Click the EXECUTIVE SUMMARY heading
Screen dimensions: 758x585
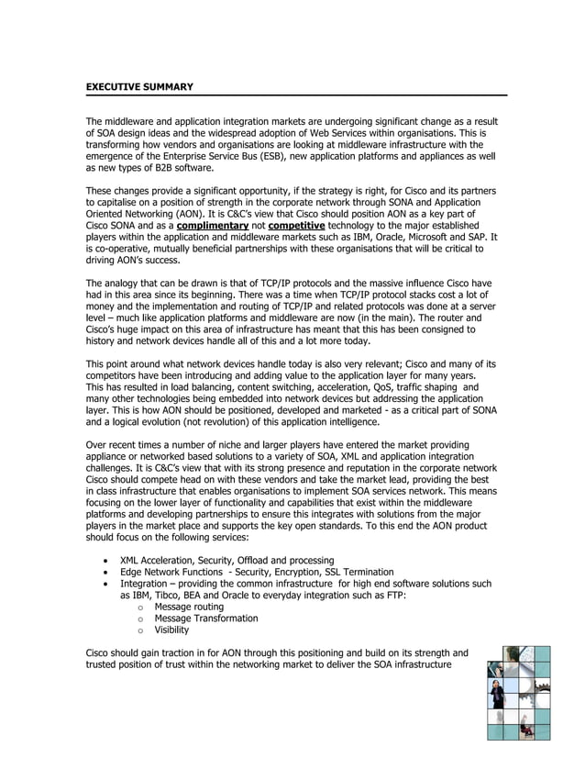point(139,86)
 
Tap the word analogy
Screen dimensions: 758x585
point(124,283)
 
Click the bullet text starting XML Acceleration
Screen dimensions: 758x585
point(220,560)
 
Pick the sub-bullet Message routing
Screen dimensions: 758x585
point(188,607)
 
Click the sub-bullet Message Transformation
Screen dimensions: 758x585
point(205,619)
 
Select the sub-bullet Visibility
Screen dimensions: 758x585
point(171,630)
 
